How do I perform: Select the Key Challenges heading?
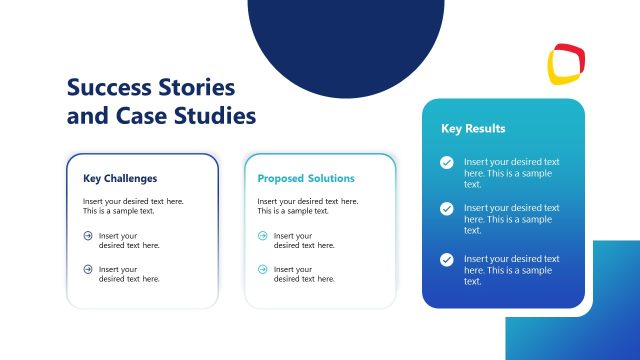[120, 179]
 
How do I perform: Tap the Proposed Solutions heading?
[305, 179]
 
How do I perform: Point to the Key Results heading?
[473, 129]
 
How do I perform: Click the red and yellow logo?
[566, 63]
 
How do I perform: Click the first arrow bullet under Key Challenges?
[88, 236]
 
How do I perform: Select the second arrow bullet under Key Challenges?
[88, 269]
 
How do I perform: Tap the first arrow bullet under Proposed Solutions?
[263, 236]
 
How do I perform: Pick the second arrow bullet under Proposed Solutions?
[263, 269]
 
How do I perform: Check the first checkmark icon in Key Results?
[447, 162]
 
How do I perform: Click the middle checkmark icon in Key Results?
[447, 208]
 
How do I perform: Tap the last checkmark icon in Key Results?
[447, 259]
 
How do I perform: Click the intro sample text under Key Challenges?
[133, 206]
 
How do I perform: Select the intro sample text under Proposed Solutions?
[307, 206]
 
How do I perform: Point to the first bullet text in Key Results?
[511, 172]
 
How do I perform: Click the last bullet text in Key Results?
[511, 270]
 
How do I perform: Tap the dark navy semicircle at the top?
[345, 40]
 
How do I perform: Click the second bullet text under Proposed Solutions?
[304, 274]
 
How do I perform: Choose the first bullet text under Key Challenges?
[129, 240]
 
